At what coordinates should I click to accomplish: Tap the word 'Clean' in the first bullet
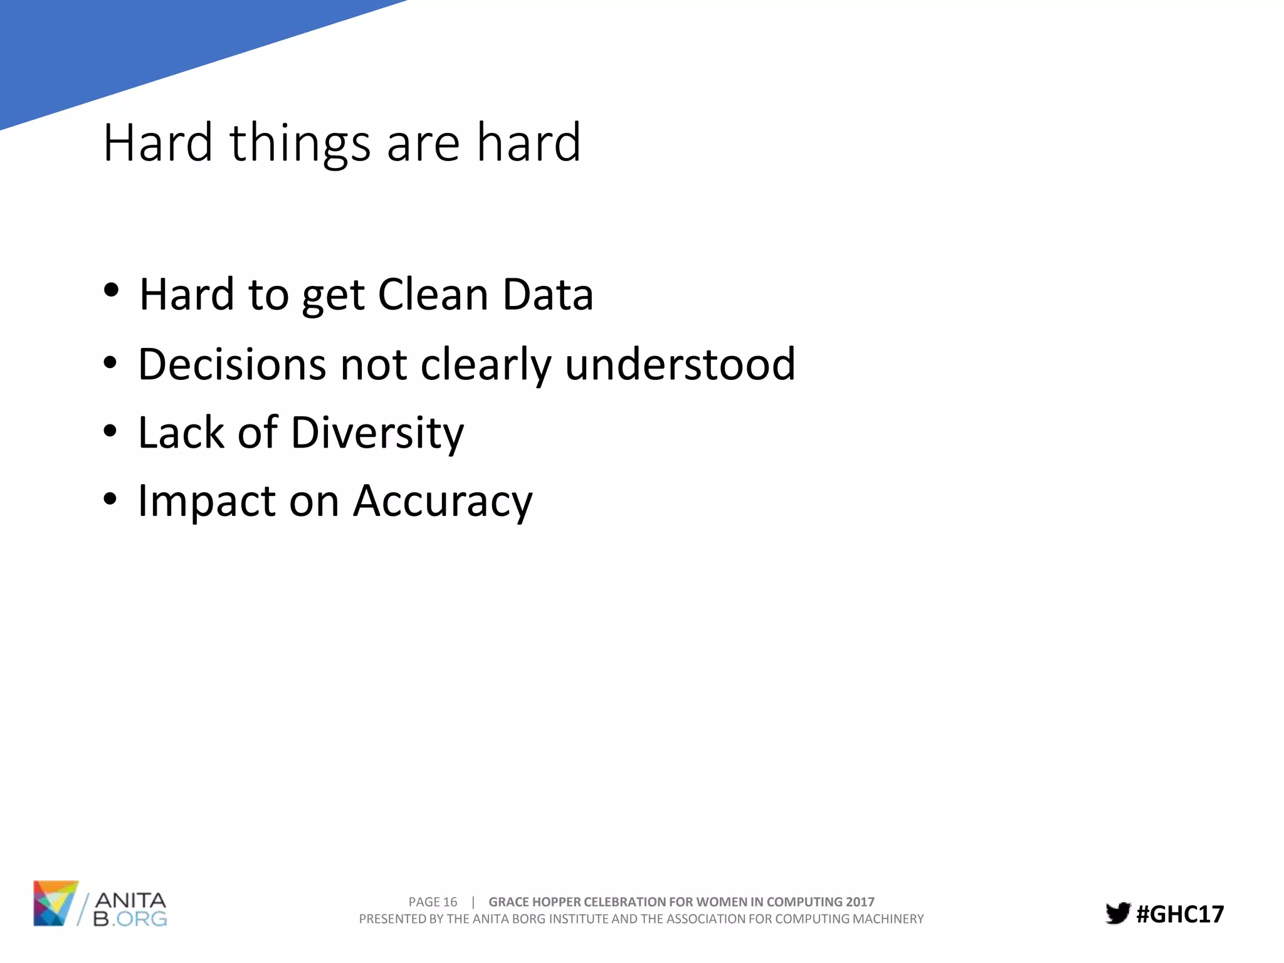point(433,295)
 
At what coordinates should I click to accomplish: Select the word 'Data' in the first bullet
point(547,295)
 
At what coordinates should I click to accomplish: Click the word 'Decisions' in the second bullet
point(231,364)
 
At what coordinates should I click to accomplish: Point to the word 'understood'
point(680,364)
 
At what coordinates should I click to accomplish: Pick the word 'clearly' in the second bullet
point(485,366)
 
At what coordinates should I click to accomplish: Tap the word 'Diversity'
point(377,434)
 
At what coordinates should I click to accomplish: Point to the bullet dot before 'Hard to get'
point(111,291)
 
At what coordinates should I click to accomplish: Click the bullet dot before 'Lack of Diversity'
point(110,431)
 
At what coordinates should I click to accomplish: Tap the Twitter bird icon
point(1117,913)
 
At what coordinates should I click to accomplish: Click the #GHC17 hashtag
point(1179,914)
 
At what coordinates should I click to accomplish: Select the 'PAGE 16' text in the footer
point(433,902)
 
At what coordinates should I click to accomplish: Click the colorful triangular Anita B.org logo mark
point(55,903)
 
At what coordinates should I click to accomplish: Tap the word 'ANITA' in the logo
point(130,901)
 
